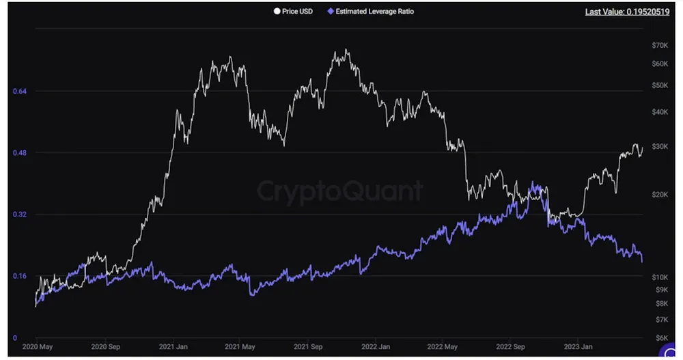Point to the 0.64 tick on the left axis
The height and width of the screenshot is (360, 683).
click(x=20, y=92)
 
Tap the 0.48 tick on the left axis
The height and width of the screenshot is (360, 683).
click(x=20, y=153)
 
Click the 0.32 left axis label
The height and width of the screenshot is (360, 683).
click(x=20, y=214)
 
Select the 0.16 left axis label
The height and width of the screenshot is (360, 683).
click(x=20, y=276)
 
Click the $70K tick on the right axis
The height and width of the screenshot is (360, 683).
click(x=660, y=45)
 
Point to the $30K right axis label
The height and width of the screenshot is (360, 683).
click(x=660, y=147)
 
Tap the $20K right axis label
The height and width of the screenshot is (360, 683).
click(x=660, y=195)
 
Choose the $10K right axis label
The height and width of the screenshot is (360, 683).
click(x=660, y=277)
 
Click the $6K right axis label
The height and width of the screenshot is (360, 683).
click(x=659, y=337)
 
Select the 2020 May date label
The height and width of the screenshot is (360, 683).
click(x=38, y=347)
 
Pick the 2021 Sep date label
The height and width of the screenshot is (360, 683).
click(x=307, y=347)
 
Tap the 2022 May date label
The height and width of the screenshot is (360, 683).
click(x=443, y=347)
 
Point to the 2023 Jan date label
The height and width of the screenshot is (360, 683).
click(x=577, y=347)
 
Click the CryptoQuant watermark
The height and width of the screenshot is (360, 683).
click(x=339, y=191)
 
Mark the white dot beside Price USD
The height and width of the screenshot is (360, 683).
click(x=276, y=12)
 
